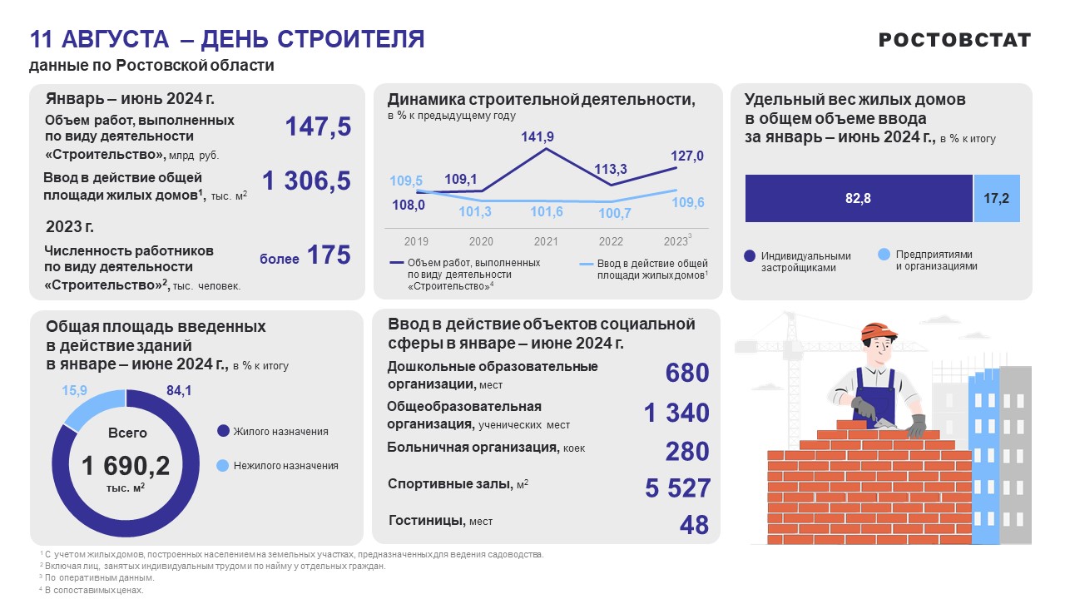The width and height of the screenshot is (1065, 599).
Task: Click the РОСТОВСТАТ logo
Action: [954, 40]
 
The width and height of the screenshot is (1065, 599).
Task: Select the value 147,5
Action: [318, 127]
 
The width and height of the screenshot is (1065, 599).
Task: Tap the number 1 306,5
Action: [306, 181]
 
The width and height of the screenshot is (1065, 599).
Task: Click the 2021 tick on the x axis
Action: [546, 241]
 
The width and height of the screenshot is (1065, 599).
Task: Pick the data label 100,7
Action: [612, 214]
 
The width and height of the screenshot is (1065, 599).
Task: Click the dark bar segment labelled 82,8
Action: [859, 198]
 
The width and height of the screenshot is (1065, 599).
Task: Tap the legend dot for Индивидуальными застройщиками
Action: [749, 256]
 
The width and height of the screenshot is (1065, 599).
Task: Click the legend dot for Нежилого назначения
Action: [222, 466]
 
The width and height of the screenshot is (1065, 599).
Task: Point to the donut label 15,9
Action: [74, 389]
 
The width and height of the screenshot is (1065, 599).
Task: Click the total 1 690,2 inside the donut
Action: [126, 466]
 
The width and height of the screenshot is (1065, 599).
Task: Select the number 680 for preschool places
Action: [686, 374]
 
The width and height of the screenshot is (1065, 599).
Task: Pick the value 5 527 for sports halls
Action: [677, 488]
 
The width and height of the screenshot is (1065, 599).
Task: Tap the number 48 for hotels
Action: [693, 525]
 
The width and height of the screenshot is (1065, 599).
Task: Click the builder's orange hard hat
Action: [879, 331]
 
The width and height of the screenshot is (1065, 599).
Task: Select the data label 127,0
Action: [687, 156]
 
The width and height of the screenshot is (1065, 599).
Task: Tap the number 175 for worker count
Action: [329, 255]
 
